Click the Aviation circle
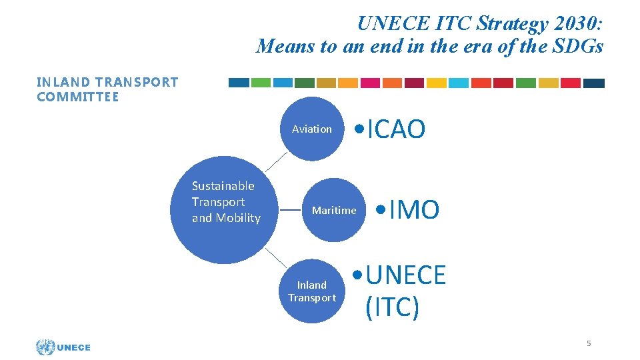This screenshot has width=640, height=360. [x=312, y=129]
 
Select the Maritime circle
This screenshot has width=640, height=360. [x=334, y=210]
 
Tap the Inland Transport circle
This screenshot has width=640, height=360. [x=312, y=291]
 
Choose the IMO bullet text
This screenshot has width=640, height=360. [x=414, y=210]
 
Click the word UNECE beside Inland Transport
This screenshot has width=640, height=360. [x=405, y=275]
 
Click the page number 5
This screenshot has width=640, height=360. [x=589, y=343]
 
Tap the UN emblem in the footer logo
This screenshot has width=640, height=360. [x=45, y=347]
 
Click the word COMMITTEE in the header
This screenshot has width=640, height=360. [x=78, y=97]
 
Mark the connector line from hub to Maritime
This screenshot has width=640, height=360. [x=290, y=209]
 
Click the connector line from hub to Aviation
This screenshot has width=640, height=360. [x=277, y=162]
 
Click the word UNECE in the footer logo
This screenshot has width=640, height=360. [x=74, y=347]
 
